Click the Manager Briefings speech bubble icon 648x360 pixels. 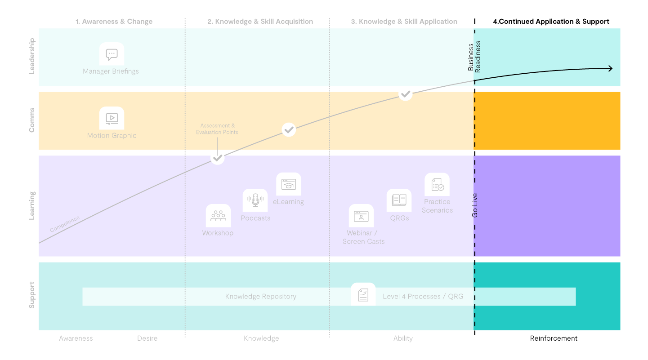tap(112, 54)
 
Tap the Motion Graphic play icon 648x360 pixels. tap(112, 119)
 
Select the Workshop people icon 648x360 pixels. tap(218, 216)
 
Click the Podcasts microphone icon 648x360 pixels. tap(255, 200)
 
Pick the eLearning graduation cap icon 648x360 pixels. tap(289, 184)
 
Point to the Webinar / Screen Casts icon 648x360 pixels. tap(361, 216)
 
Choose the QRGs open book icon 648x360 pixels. tap(399, 200)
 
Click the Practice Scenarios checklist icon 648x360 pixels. tap(437, 185)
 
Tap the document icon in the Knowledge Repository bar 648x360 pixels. tap(363, 295)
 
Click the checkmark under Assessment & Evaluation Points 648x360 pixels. tap(218, 158)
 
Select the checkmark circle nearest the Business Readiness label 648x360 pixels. tap(406, 93)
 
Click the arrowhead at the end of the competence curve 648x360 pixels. tap(610, 68)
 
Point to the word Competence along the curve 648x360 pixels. tap(65, 224)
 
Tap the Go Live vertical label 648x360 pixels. tap(475, 205)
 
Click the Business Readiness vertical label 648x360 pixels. tap(474, 57)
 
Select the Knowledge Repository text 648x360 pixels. tap(261, 297)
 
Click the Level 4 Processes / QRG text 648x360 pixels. tap(423, 297)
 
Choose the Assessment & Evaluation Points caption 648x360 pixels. tap(217, 129)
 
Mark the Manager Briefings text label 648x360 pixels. tap(111, 71)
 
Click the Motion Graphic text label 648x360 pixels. tap(112, 136)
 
